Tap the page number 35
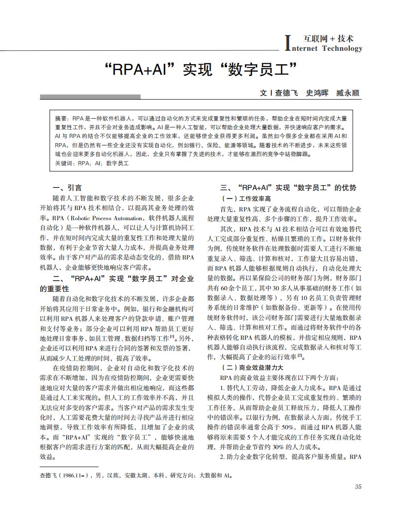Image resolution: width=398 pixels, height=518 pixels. [358, 486]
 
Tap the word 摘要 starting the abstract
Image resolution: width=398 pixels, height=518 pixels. [61, 118]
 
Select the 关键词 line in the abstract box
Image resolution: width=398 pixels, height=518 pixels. [91, 163]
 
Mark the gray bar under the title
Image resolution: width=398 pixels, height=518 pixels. [90, 97]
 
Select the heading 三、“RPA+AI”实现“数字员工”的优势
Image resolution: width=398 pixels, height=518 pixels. [289, 188]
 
